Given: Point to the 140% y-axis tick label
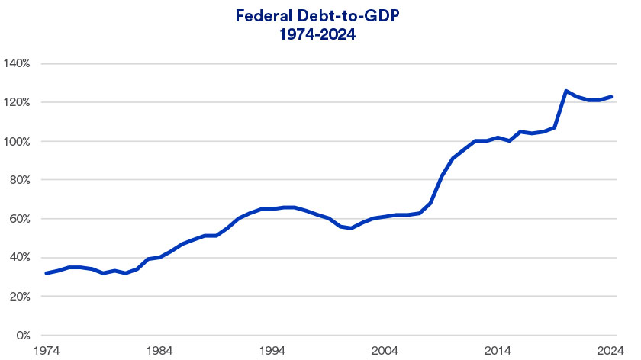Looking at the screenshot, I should [16, 63].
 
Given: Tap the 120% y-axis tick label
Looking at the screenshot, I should [16, 102].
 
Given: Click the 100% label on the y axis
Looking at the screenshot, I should [16, 141].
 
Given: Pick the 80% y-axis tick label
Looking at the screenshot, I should [18, 180].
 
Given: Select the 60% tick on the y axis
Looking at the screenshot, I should [18, 219].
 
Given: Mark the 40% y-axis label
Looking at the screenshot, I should [18, 258].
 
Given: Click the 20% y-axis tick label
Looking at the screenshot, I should [18, 297].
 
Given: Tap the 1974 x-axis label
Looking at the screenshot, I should [46, 350].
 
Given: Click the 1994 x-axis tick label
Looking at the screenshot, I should [272, 350].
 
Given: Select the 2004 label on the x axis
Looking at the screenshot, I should [385, 350].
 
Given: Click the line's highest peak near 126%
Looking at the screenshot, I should [566, 91].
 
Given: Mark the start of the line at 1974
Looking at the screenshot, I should [47, 273].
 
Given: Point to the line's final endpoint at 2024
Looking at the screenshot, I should [611, 97].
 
